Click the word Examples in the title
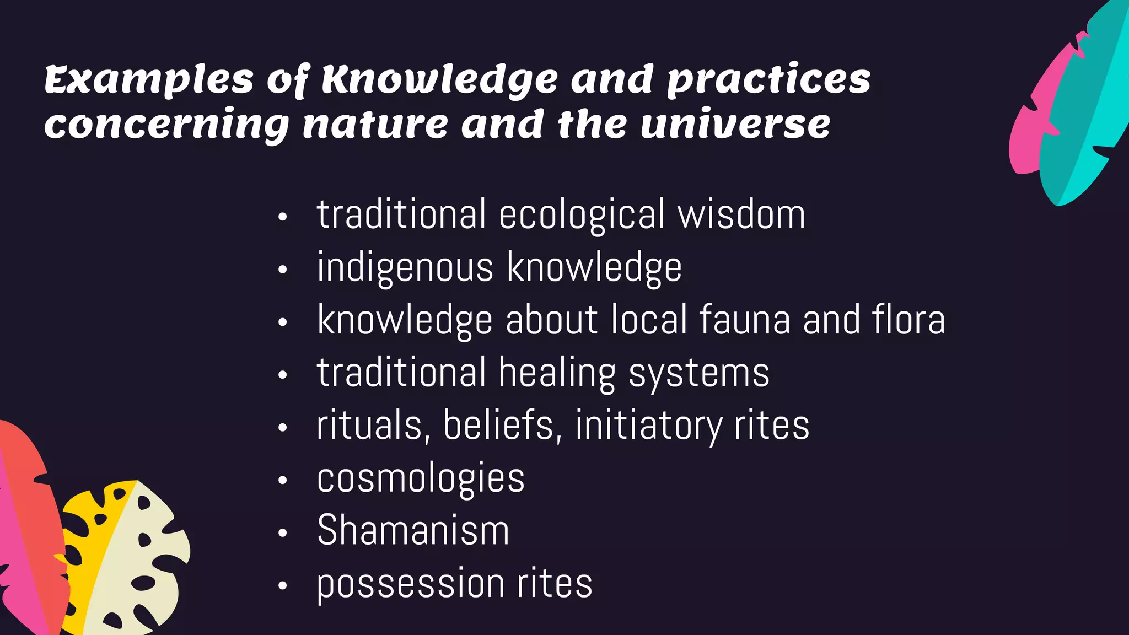pyautogui.click(x=149, y=80)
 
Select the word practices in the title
pyautogui.click(x=768, y=81)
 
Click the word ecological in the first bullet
pyautogui.click(x=582, y=215)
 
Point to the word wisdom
pyautogui.click(x=741, y=215)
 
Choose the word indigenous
pyautogui.click(x=405, y=268)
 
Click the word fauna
pyautogui.click(x=745, y=320)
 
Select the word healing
pyautogui.click(x=557, y=374)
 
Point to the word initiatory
pyautogui.click(x=648, y=427)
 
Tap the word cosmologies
pyautogui.click(x=421, y=479)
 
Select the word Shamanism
pyautogui.click(x=413, y=531)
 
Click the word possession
pyautogui.click(x=410, y=584)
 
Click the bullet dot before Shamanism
pyautogui.click(x=283, y=533)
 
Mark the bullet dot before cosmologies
pyautogui.click(x=283, y=481)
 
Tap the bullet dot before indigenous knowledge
pyautogui.click(x=283, y=270)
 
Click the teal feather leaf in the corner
pyautogui.click(x=1083, y=110)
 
